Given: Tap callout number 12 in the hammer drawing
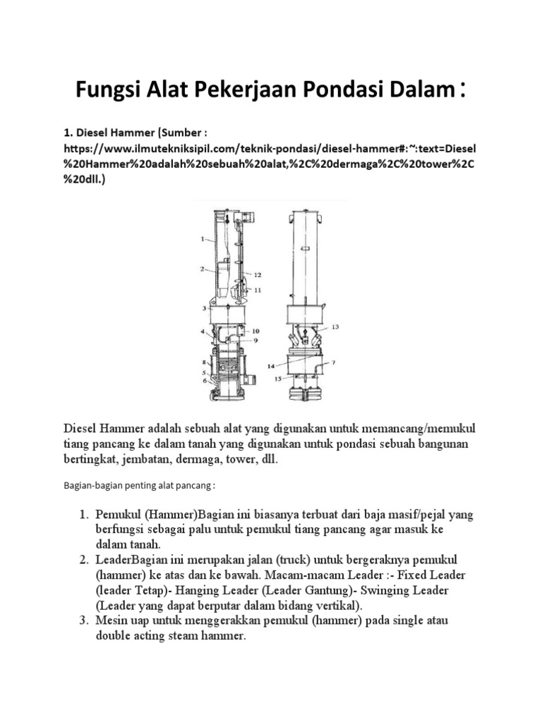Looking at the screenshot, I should coord(258,275).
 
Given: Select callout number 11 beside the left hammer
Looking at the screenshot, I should coord(258,290).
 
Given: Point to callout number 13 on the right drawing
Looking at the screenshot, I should coord(335,327).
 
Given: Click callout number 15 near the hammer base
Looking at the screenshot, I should coord(278,379).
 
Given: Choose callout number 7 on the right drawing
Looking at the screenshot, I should coord(334,362).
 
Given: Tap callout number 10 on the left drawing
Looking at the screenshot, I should coord(256,331).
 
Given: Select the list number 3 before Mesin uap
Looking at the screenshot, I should coord(83,621).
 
